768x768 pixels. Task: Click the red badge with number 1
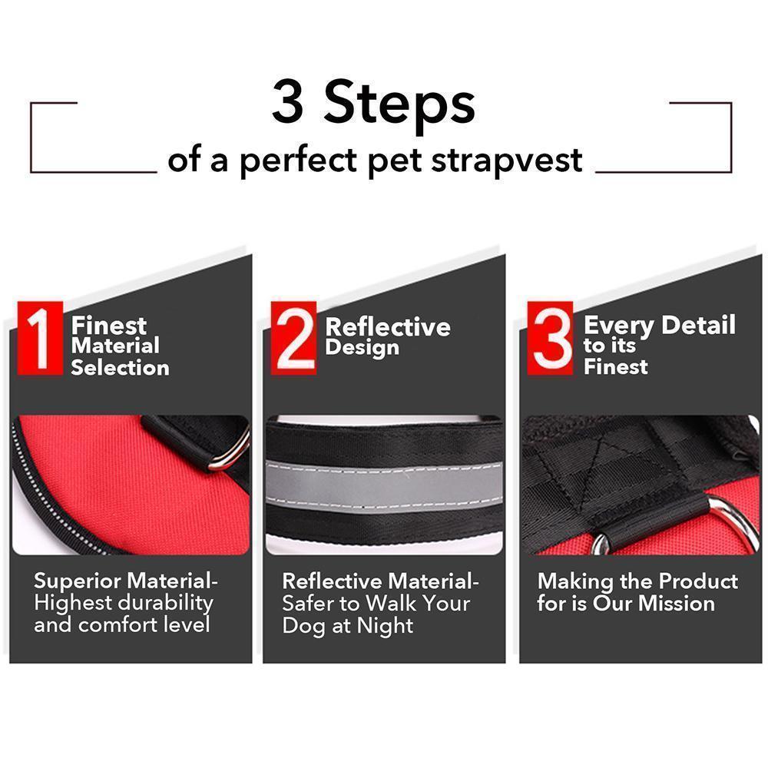(x=38, y=338)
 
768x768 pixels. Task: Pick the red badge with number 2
(x=294, y=338)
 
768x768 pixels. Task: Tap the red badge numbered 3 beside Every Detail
(x=551, y=338)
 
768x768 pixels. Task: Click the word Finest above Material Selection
(x=109, y=326)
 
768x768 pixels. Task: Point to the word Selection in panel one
(x=120, y=367)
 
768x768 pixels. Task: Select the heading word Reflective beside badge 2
(x=388, y=327)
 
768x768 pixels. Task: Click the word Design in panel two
(x=362, y=347)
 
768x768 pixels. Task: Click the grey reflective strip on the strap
(x=384, y=481)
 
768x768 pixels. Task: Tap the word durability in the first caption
(x=165, y=603)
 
